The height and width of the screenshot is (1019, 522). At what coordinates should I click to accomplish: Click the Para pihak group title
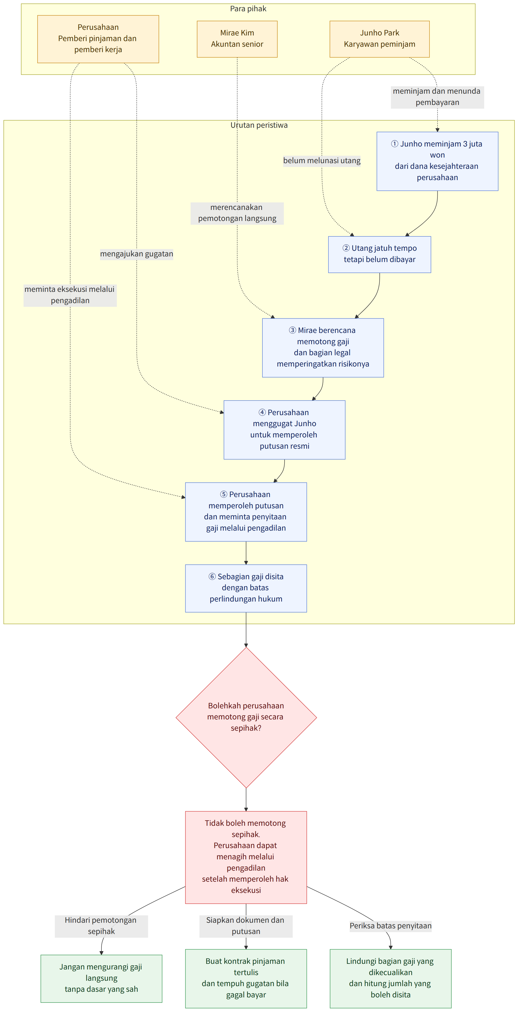(248, 9)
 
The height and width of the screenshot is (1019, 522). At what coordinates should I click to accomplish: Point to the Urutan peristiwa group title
(259, 125)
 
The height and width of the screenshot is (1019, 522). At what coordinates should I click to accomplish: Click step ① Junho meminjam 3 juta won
(437, 161)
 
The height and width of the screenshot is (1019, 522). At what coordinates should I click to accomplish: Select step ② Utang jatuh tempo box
(380, 254)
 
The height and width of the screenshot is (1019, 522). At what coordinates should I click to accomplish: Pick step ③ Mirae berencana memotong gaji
(323, 348)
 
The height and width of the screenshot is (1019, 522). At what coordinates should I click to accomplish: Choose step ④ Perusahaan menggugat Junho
(284, 430)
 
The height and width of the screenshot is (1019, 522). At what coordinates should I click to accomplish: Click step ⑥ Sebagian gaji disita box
(246, 588)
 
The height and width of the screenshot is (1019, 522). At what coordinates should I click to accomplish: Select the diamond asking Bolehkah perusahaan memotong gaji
(246, 717)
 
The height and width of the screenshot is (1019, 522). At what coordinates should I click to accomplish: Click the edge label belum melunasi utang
(322, 161)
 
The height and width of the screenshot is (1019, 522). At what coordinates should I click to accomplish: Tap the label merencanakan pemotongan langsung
(237, 213)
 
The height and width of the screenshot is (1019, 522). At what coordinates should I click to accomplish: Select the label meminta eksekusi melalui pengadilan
(70, 295)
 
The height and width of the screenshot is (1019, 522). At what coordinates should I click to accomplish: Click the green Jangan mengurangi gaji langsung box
(101, 978)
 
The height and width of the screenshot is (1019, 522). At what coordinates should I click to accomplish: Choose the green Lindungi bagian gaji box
(391, 978)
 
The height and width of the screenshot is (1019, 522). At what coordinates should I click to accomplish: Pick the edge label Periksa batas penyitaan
(391, 926)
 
